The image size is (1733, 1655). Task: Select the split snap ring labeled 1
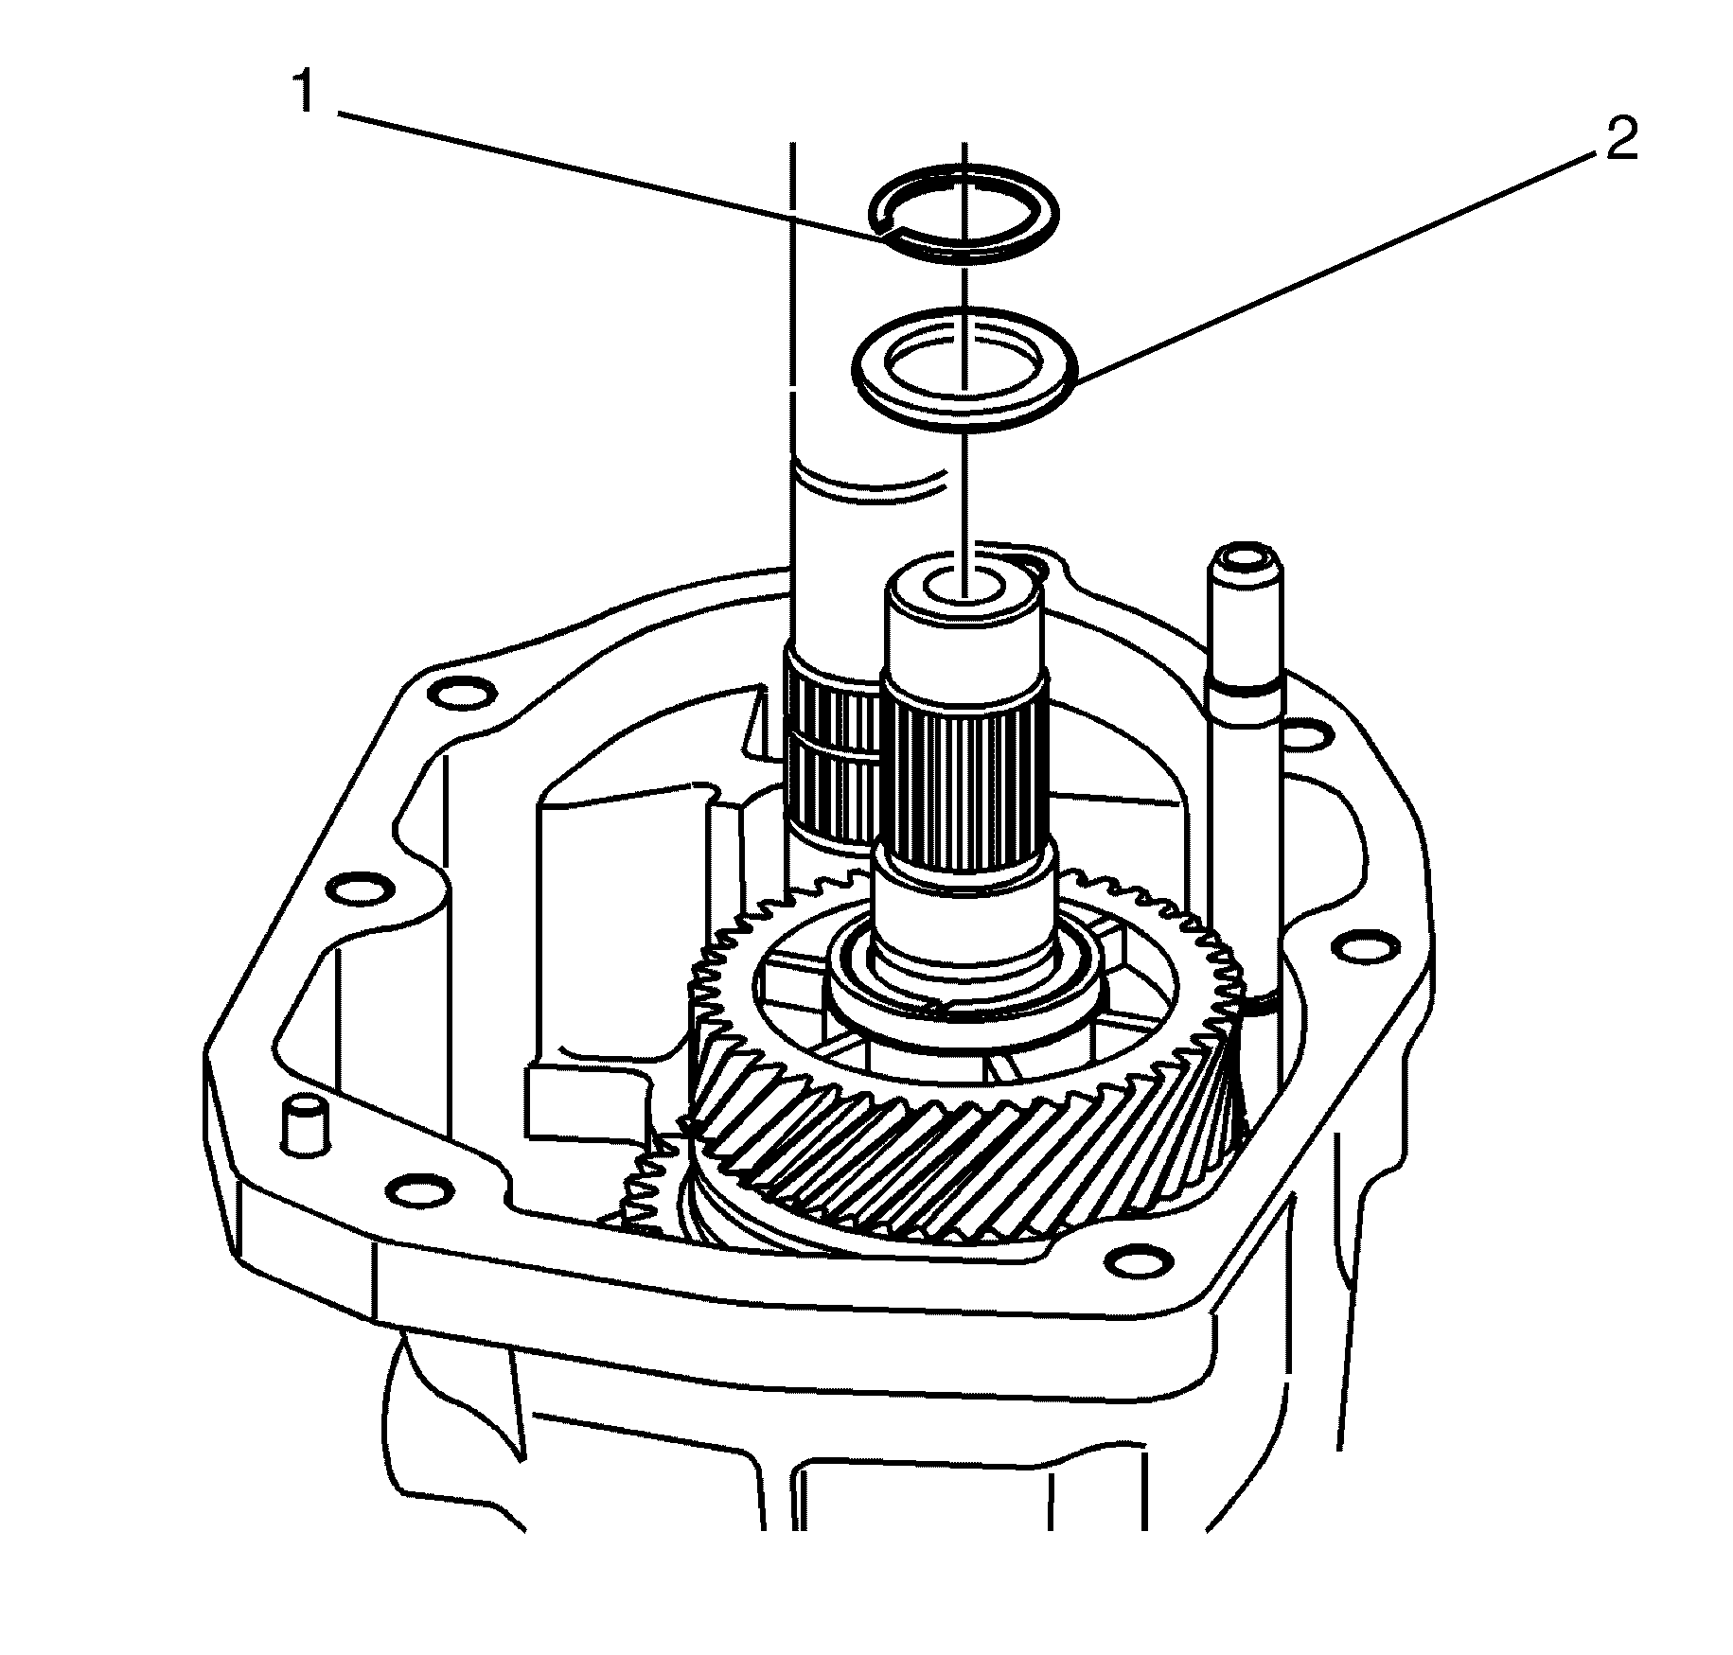(x=963, y=210)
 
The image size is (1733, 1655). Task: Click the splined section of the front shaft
(x=963, y=766)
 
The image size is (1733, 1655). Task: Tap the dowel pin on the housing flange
(x=304, y=1123)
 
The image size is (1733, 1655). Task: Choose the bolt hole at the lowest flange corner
(x=1133, y=1262)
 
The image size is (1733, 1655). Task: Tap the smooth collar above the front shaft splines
(x=964, y=625)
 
